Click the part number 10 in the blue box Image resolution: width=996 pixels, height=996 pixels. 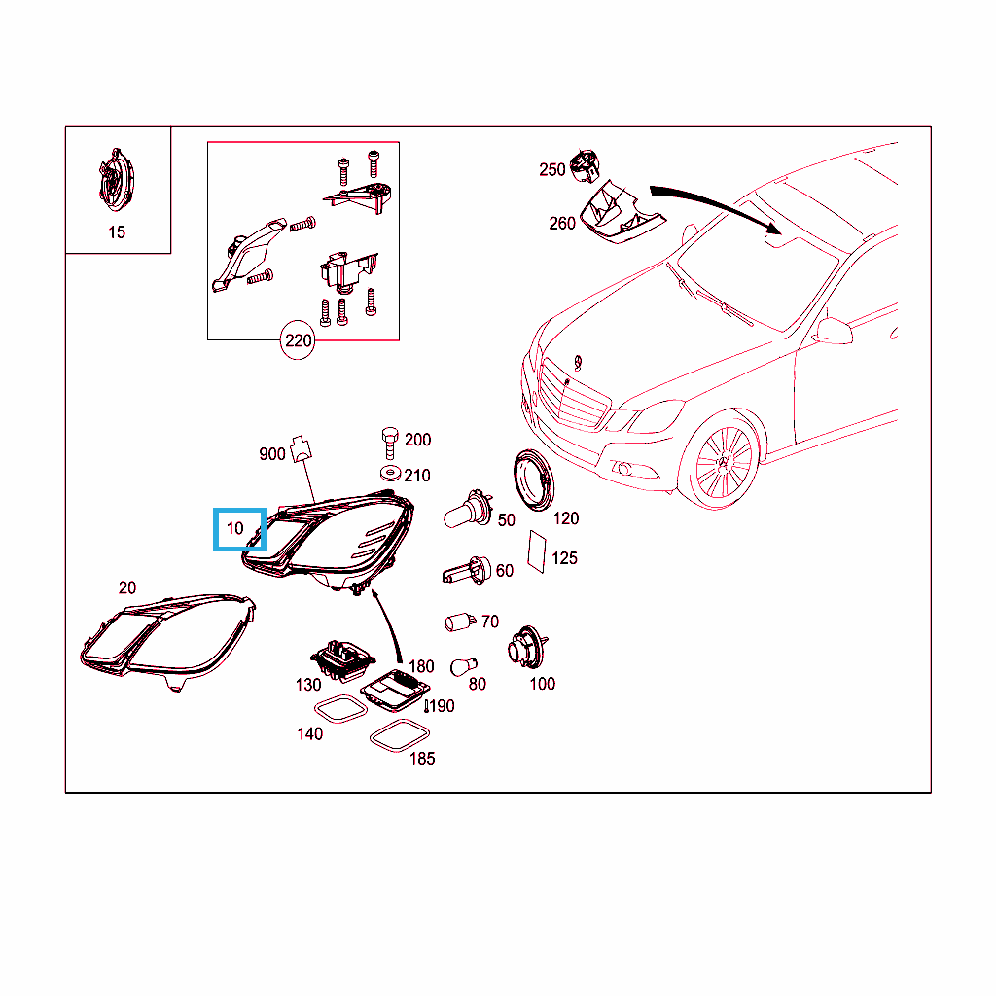point(235,528)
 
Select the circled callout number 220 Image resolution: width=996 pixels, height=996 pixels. point(298,341)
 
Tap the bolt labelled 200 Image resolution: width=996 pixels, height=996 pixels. point(390,443)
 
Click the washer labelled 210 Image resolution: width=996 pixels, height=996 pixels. point(389,474)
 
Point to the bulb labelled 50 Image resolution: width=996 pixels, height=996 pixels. point(469,510)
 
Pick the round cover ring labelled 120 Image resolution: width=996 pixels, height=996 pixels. point(534,480)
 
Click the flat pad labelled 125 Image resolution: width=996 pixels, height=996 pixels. point(537,552)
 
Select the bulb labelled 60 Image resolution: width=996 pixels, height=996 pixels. point(467,570)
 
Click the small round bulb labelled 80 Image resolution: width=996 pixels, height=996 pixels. point(463,667)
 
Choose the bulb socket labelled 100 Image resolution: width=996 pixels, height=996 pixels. point(527,647)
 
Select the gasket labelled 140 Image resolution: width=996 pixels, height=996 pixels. point(341,709)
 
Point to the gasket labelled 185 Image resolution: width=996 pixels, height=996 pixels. point(400,735)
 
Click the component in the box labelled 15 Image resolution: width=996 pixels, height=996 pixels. point(117,181)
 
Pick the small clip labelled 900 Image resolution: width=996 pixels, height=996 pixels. point(301,448)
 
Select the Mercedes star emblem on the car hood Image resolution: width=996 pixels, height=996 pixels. point(578,363)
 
